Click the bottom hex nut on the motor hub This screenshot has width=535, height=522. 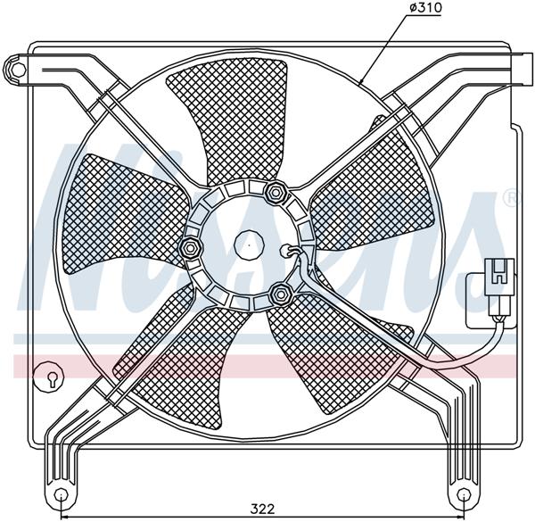coord(283,290)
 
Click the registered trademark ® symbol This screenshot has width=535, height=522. coord(509,196)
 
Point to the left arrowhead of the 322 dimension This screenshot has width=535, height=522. coord(65,516)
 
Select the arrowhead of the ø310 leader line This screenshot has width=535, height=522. coord(362,83)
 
